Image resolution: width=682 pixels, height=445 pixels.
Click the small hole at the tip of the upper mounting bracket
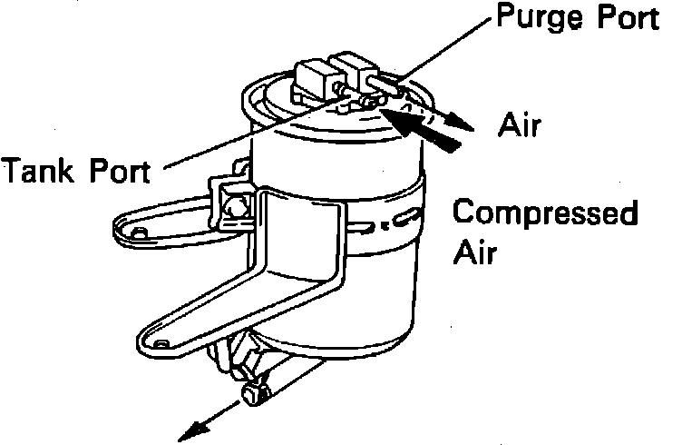point(139,233)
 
